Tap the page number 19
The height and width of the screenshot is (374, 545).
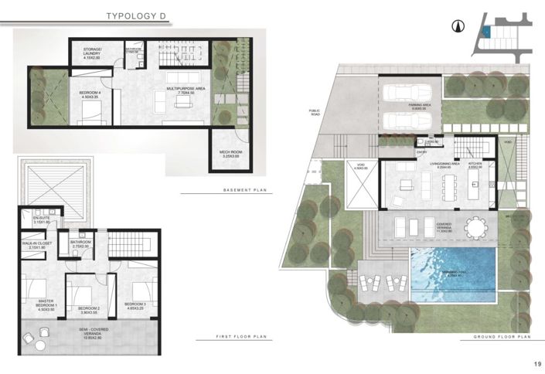[536, 363]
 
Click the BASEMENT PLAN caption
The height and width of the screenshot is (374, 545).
[244, 190]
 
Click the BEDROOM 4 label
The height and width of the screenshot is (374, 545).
[91, 96]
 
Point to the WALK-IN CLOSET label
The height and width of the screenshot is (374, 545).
[36, 245]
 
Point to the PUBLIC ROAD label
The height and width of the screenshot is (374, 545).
[315, 114]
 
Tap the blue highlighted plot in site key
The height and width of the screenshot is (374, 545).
[486, 31]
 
